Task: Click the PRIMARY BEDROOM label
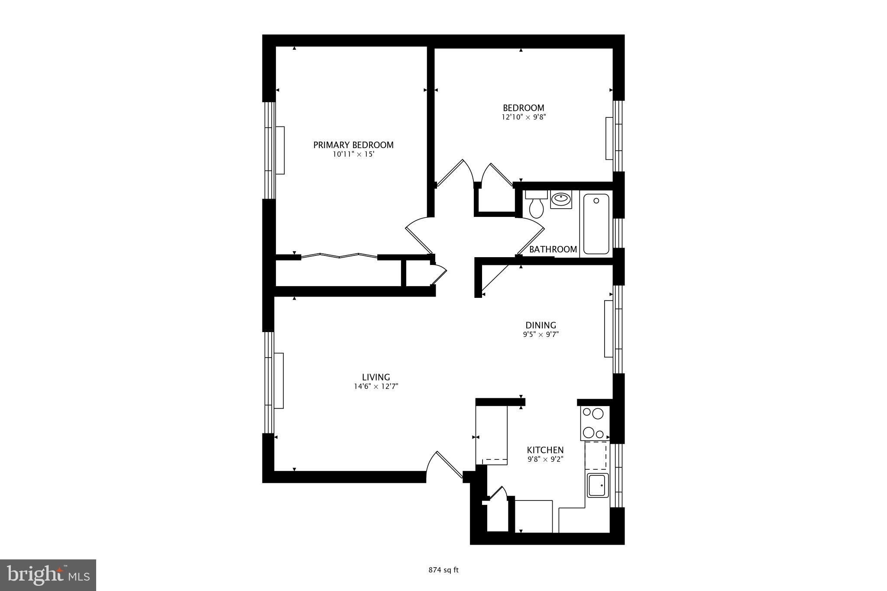tap(353, 145)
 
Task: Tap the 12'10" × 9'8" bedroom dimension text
tap(524, 117)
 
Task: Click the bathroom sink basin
tap(561, 200)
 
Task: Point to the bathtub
tap(596, 224)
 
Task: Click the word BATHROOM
tap(553, 249)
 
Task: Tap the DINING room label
tap(541, 325)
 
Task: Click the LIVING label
tap(376, 377)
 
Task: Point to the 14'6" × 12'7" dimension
tap(376, 387)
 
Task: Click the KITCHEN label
tap(545, 450)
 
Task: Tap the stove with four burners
tap(594, 423)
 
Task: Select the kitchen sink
tap(598, 485)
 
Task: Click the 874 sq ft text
tap(443, 570)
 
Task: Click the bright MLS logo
tap(48, 575)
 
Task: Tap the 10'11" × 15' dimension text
tap(353, 154)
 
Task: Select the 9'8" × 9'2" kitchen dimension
tap(545, 459)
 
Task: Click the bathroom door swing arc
tap(533, 234)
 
